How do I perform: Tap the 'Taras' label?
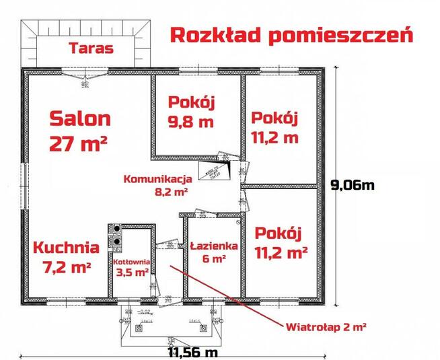coord(91,48)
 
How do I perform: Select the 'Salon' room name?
coord(79,119)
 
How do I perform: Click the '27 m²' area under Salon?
coord(79,143)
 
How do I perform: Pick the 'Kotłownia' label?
coord(131,261)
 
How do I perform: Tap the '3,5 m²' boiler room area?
coord(131,273)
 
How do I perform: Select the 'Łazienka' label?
coord(213,246)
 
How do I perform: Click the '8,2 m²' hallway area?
coord(171,191)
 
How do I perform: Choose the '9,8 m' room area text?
coord(191,122)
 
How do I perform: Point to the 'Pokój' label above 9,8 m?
coord(191,103)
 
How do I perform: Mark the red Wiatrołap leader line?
coord(229,295)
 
